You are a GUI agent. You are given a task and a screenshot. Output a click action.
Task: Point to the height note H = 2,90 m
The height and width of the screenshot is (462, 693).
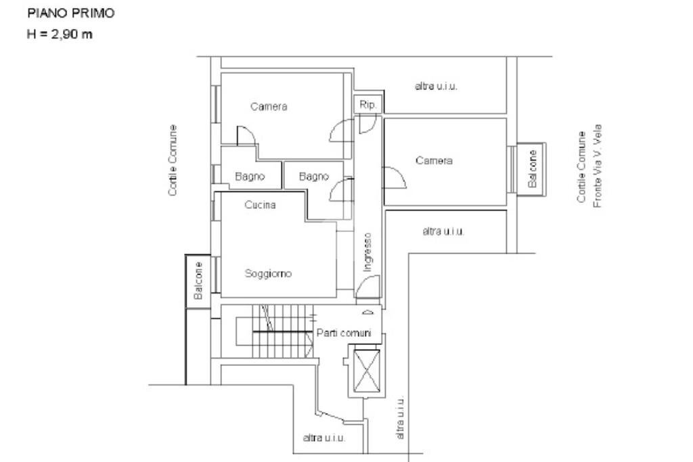coord(59,34)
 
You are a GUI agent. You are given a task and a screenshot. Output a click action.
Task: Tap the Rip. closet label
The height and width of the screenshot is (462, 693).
coord(368,105)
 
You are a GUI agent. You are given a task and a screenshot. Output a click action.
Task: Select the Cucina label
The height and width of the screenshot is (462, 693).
coord(260,205)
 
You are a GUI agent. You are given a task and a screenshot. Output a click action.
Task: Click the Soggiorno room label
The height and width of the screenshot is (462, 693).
coord(268,273)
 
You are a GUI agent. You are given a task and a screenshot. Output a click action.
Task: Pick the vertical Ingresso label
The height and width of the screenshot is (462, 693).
coord(367,252)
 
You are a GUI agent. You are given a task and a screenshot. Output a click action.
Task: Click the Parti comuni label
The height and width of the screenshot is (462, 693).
coord(344,333)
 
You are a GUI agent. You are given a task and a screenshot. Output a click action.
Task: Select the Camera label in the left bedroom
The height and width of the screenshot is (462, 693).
coord(269,106)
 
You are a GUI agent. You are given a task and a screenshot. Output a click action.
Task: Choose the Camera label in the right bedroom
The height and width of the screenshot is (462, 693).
coord(434,160)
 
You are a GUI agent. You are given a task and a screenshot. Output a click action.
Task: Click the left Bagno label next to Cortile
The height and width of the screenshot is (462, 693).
coord(249,177)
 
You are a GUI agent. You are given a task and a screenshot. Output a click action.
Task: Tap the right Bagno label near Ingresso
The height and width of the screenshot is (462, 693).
coord(314,177)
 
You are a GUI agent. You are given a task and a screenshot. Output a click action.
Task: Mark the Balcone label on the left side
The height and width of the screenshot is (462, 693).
coord(198,281)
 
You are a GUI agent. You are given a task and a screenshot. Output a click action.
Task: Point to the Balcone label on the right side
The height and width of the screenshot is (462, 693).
coord(532,169)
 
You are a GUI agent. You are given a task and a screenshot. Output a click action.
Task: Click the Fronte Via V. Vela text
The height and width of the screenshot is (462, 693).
coord(598,166)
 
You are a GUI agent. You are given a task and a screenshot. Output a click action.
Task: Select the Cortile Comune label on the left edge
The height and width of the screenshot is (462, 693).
coord(173,160)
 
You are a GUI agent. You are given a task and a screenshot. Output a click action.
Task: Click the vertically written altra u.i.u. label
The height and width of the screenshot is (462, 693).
coord(400,418)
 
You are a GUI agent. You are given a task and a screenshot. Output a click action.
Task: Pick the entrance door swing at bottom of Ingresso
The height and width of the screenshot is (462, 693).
coord(366,288)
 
